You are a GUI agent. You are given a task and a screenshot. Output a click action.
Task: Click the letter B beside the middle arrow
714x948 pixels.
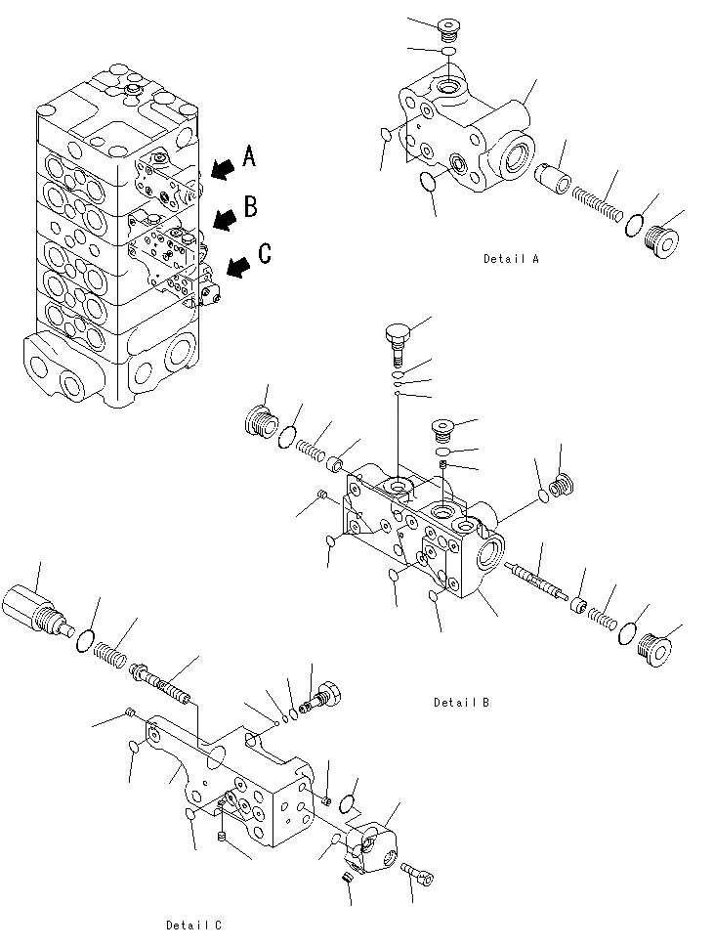pos(251,205)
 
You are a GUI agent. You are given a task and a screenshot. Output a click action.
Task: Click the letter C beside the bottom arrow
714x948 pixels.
pos(264,255)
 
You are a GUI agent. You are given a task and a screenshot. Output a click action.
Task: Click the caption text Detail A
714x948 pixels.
pos(511,259)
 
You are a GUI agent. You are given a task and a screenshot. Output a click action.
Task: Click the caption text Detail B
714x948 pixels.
pos(462,702)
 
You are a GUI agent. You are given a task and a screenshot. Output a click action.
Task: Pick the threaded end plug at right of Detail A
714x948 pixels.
pos(667,241)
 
